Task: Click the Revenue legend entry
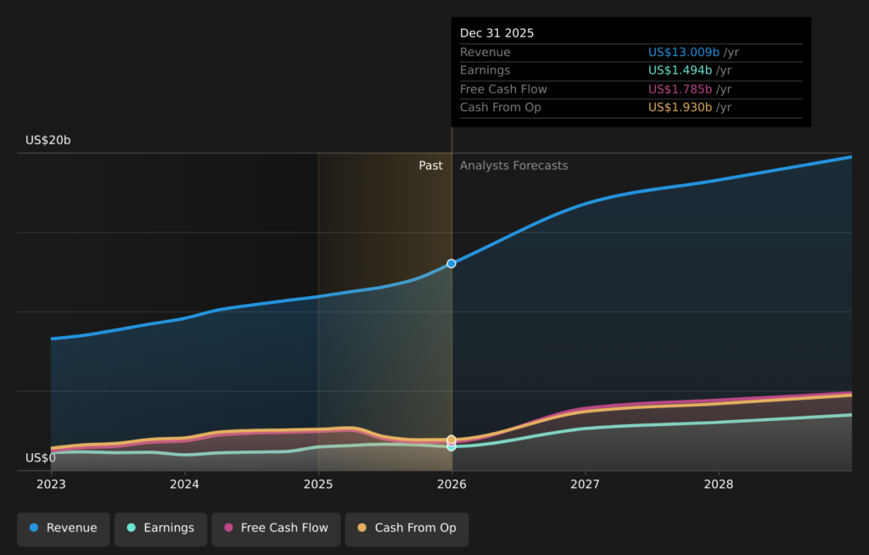[64, 528]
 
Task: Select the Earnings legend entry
[160, 528]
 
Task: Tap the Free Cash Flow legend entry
[276, 528]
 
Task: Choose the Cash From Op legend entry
[407, 528]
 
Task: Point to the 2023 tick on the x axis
[51, 484]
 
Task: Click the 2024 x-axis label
[184, 484]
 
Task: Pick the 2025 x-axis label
[318, 484]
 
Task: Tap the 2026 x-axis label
[451, 484]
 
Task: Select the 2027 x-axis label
[585, 484]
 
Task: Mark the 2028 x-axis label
[719, 484]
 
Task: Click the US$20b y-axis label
[48, 140]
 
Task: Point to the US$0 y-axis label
[41, 458]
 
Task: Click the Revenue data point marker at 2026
[451, 264]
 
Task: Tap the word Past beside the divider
[430, 165]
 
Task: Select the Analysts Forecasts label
[513, 165]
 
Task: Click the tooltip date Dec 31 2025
[497, 33]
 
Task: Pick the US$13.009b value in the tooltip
[684, 53]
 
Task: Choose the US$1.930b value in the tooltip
[681, 107]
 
